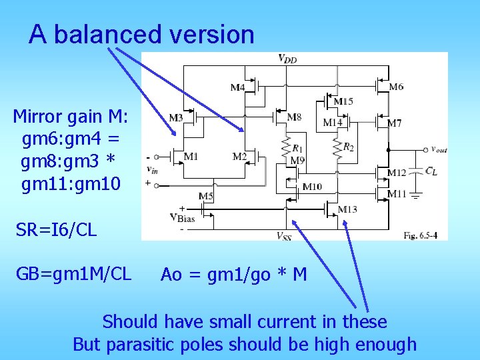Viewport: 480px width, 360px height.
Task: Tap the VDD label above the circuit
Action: coord(287,59)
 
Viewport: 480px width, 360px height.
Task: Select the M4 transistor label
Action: coord(237,87)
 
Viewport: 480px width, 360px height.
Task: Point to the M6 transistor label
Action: coord(396,87)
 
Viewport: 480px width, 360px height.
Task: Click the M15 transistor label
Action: coord(343,101)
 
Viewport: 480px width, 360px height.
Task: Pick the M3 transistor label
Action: coord(175,118)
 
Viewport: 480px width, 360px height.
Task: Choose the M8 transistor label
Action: coord(294,117)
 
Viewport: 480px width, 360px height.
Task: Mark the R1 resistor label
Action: coord(297,147)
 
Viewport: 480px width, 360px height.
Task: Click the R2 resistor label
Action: coord(349,147)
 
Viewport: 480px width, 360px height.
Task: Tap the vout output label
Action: coord(439,149)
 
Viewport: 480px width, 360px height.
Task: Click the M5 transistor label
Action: coord(205,196)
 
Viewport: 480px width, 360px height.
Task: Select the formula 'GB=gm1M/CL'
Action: coord(74,273)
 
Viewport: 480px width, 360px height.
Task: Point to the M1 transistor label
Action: coord(191,157)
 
